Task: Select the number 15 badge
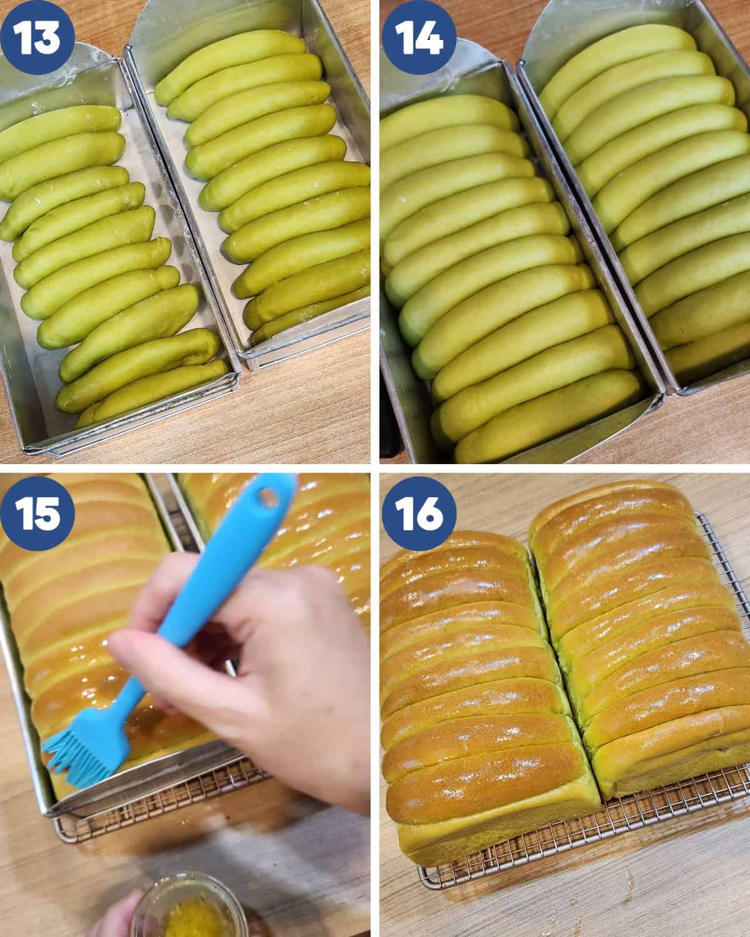coord(37,514)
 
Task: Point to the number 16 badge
coord(419,514)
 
